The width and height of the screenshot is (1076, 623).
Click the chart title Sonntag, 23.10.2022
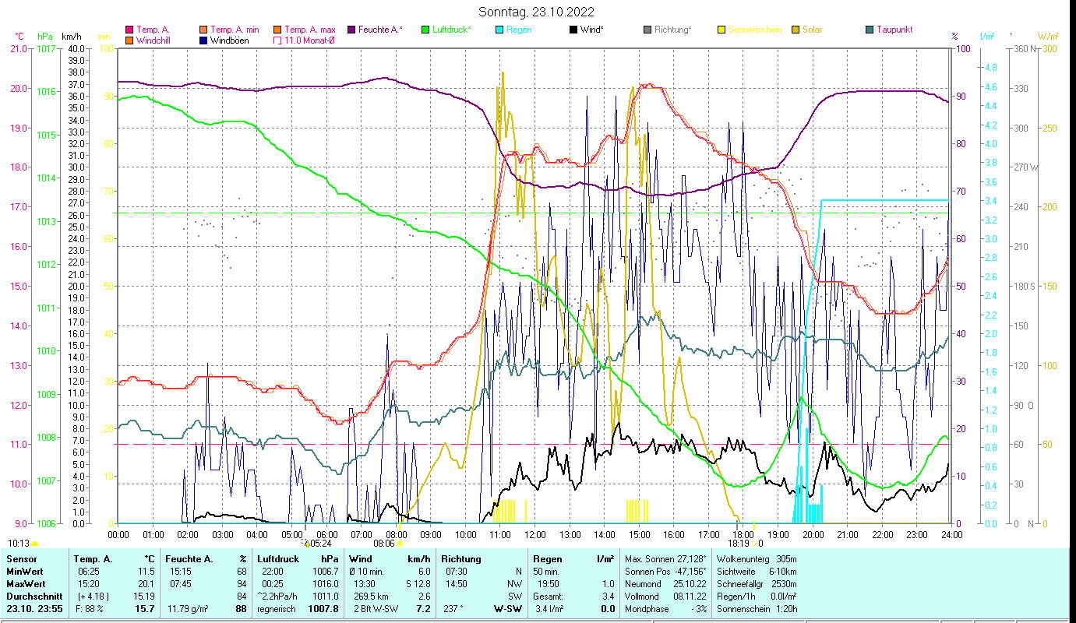pyautogui.click(x=538, y=12)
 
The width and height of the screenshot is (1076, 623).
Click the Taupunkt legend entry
pyautogui.click(x=894, y=30)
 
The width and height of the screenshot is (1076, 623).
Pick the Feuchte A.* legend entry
pyautogui.click(x=380, y=30)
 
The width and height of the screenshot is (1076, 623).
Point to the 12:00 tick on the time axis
pyautogui.click(x=534, y=535)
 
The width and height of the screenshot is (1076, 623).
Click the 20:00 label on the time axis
pyautogui.click(x=813, y=535)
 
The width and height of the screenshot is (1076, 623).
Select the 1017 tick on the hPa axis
pyautogui.click(x=46, y=49)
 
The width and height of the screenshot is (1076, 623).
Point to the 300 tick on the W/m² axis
pyautogui.click(x=1049, y=49)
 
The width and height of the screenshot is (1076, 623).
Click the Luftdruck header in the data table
pyautogui.click(x=277, y=559)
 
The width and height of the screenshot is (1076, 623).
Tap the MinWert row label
pyautogui.click(x=25, y=571)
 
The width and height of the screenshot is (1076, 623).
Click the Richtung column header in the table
pyautogui.click(x=461, y=559)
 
